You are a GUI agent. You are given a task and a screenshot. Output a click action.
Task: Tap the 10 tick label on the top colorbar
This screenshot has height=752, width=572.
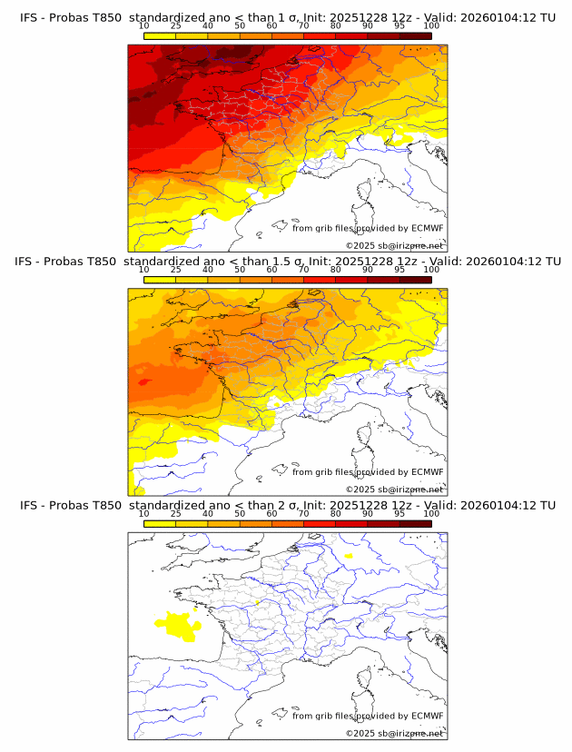click(144, 27)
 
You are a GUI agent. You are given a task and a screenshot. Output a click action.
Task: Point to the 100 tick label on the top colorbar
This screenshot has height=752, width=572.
click(431, 27)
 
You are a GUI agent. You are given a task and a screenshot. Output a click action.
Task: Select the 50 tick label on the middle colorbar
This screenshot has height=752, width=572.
click(240, 271)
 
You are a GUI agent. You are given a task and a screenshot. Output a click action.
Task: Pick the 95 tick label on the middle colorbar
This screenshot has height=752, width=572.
click(399, 271)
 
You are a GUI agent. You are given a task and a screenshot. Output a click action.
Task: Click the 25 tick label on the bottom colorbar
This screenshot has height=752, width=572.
click(176, 515)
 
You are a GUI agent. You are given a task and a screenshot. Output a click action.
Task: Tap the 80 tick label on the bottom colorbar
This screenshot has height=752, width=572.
click(336, 515)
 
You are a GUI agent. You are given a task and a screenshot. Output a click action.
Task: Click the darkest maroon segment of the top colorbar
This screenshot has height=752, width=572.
click(415, 36)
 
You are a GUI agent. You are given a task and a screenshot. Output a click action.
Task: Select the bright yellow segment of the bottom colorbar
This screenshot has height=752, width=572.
click(160, 525)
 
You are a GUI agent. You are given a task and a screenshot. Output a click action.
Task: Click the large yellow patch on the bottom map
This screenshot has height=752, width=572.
click(178, 626)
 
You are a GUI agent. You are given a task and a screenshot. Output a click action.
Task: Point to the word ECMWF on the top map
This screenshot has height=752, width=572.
click(427, 228)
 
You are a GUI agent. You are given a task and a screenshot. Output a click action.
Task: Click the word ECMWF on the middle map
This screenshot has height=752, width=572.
click(427, 472)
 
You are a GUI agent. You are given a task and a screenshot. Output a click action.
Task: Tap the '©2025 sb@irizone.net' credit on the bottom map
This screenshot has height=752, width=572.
click(394, 733)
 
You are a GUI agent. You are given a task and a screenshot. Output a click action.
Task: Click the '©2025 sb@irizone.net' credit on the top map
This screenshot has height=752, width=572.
click(394, 245)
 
